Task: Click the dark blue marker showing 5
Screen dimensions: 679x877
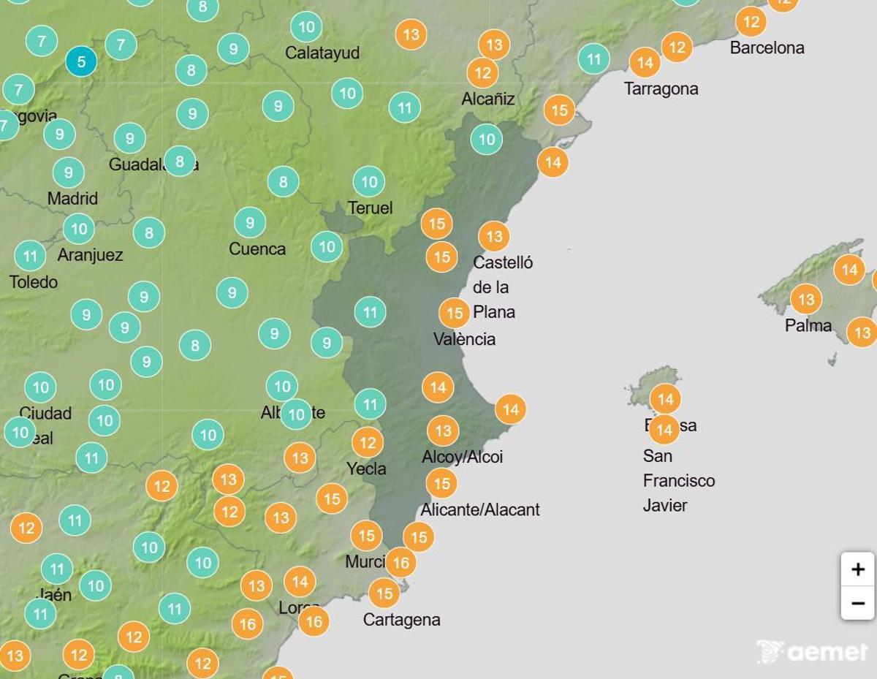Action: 81,61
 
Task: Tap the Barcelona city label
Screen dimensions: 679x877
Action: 767,48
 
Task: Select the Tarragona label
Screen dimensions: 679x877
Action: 661,89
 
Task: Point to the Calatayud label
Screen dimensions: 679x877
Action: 322,53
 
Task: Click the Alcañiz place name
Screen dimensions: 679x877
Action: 488,99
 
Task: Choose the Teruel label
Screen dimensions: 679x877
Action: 370,208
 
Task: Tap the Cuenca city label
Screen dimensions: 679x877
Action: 257,249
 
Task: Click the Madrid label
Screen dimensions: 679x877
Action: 72,199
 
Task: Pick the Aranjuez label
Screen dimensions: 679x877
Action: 90,255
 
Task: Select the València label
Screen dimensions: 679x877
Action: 464,339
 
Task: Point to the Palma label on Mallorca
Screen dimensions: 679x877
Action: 808,326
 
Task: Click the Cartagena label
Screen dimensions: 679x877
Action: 401,621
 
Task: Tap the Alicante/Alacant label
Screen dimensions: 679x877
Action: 480,509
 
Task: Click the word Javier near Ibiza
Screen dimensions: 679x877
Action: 665,505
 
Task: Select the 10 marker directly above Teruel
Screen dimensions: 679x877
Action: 369,182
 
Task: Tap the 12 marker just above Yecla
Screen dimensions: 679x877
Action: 368,442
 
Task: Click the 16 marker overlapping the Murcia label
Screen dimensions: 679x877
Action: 400,563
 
